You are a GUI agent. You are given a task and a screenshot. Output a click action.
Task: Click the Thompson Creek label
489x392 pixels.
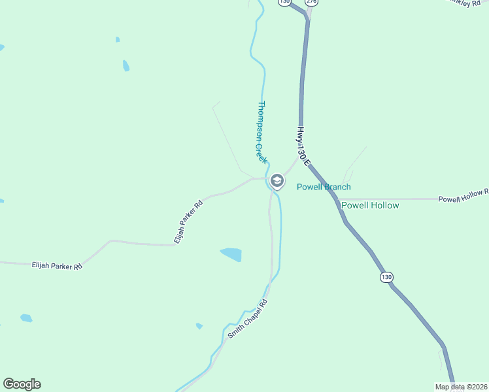click(x=261, y=132)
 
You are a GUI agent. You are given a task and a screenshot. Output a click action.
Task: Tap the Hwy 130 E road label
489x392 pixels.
click(x=301, y=144)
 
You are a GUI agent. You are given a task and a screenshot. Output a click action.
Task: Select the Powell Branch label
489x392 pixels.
click(x=324, y=187)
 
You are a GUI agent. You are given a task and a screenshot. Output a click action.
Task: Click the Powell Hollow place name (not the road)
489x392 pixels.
click(x=370, y=205)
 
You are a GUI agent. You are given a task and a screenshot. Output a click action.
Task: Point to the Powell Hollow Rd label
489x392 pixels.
click(x=463, y=195)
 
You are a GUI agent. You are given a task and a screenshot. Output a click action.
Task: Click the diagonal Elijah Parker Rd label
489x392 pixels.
click(x=188, y=222)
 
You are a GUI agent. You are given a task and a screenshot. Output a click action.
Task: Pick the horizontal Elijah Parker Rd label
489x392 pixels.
click(x=57, y=266)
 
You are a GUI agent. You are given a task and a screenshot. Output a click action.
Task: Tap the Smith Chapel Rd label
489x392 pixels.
click(x=248, y=319)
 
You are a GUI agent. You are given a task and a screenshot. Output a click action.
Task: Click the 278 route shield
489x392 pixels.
click(x=312, y=3)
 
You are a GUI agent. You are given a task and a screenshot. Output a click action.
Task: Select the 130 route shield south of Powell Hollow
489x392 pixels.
click(x=386, y=277)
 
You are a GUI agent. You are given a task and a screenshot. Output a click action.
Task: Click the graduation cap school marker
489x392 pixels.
click(x=277, y=181)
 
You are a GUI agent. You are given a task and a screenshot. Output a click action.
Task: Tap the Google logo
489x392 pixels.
click(x=22, y=384)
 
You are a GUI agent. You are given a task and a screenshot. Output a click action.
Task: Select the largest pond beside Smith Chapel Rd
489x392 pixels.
click(x=231, y=253)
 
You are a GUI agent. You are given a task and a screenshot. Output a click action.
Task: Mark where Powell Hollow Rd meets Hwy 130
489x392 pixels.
click(x=339, y=199)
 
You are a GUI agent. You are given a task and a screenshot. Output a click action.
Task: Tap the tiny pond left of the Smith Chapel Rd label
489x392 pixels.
click(x=199, y=325)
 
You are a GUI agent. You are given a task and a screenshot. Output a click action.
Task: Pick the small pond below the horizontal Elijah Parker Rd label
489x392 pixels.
click(x=25, y=318)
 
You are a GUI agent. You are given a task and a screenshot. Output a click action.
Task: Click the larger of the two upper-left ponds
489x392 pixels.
click(x=126, y=65)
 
